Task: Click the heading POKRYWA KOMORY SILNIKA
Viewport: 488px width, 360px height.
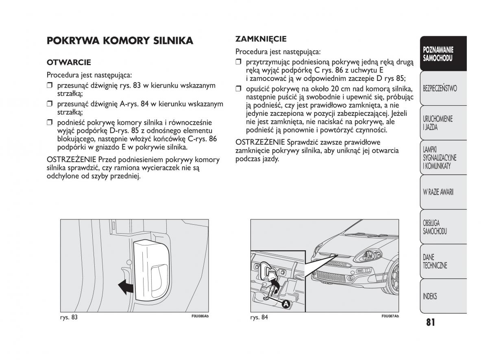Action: pos(120,41)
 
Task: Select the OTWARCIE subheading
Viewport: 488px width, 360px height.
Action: pos(69,63)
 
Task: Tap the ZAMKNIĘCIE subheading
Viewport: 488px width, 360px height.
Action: pos(261,39)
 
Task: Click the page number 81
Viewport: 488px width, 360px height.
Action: pos(431,323)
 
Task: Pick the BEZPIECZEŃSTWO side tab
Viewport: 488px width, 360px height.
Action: pos(440,88)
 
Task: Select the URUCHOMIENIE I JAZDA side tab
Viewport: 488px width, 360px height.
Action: pos(438,123)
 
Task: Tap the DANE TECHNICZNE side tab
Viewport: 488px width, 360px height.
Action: pos(435,261)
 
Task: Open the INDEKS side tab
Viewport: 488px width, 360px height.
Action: pos(430,296)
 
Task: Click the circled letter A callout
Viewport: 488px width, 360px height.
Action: pos(286,304)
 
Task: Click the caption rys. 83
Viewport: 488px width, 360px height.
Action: pos(68,317)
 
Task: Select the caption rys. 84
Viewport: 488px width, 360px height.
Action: pos(259,317)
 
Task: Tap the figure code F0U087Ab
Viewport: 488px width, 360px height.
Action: pos(390,317)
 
